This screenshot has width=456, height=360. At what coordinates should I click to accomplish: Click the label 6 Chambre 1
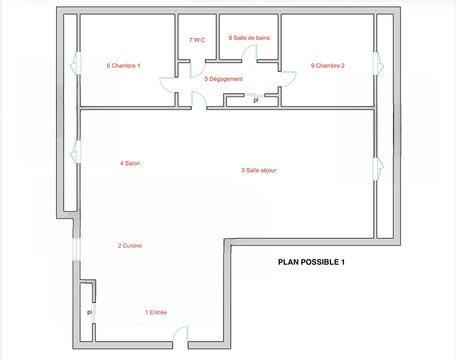pos(123,66)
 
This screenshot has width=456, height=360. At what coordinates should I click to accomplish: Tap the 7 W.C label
pos(197,40)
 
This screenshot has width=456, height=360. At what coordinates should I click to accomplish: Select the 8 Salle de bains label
pos(249,38)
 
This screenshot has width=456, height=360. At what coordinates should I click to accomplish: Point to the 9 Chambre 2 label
pos(328,66)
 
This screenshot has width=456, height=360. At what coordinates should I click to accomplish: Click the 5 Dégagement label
pos(224,79)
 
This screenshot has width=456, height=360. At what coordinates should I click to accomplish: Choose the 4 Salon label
pos(130,163)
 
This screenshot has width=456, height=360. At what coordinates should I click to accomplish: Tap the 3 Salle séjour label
pos(259,170)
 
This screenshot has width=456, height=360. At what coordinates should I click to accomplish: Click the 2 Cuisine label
pos(130,246)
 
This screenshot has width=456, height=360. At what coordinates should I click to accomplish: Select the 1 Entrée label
pos(156,312)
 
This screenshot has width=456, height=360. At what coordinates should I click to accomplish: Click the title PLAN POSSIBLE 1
pos(311,262)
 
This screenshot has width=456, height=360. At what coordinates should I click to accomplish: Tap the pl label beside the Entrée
pos(89,312)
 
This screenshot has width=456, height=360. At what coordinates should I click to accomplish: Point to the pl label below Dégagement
pos(256,100)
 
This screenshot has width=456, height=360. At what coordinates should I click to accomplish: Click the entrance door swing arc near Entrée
pos(177,331)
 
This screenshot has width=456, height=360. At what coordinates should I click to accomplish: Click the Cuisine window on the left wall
pos(77,249)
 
